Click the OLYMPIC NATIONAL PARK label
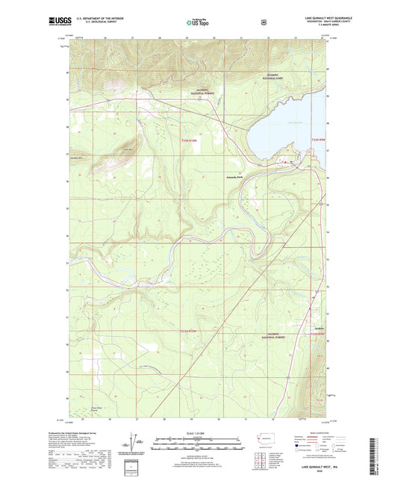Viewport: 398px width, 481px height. (278, 76)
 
